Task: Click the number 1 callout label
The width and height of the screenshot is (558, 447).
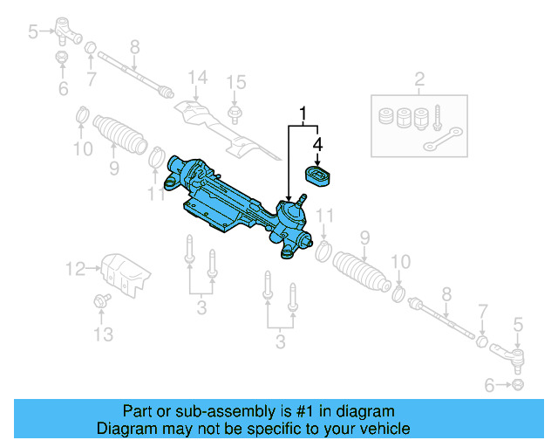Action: pos(303,113)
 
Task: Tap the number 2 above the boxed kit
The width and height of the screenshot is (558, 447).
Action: pos(418,81)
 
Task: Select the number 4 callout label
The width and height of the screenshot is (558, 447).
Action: pos(318,143)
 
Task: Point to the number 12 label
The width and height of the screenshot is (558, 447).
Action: pos(77,267)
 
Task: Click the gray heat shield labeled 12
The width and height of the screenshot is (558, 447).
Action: pos(121,273)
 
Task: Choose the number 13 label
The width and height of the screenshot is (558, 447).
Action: pos(103,334)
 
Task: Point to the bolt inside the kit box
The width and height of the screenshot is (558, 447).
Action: pos(436,116)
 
